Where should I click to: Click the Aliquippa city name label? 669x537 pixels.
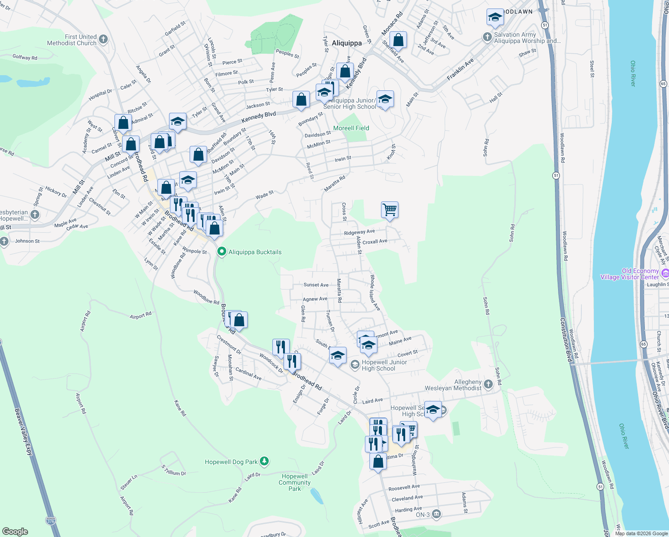pos(347,43)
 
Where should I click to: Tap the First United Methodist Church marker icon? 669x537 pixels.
pos(103,39)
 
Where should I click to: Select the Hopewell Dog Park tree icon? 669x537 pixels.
pos(264,461)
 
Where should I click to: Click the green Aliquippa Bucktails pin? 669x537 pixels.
pos(221,252)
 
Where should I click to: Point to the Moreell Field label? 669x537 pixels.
pos(351,128)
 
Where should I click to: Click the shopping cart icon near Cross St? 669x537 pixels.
pos(390,209)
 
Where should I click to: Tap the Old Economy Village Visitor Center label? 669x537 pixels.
pos(630,274)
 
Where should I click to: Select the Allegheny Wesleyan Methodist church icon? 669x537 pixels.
pos(488,384)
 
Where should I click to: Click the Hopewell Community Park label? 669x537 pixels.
pos(295,482)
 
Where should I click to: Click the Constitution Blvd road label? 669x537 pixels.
pos(566,340)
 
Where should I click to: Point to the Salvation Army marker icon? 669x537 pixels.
pos(487,37)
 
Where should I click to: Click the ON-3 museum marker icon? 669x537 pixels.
pos(436,514)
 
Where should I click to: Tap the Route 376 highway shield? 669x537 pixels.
pos(51,521)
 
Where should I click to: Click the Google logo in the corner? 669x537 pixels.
pos(15,531)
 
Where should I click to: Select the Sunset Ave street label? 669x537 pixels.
pos(316,285)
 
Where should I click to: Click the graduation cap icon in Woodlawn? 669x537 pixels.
pos(495,17)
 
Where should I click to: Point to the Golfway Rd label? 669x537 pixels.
pos(25,57)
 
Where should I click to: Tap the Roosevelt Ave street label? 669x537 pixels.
pos(404,487)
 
